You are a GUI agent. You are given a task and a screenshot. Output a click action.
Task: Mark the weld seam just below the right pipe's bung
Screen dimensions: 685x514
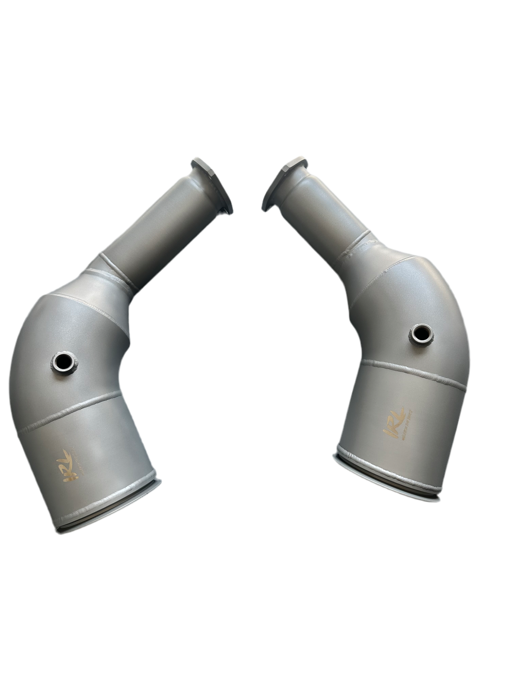[413, 371]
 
